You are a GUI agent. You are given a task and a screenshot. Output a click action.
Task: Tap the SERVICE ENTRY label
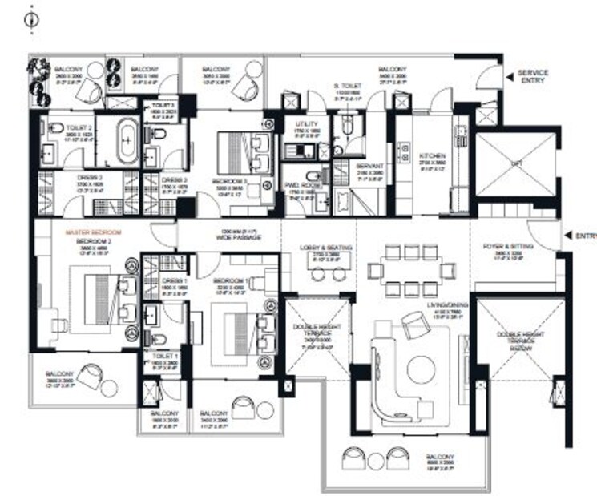click(x=534, y=77)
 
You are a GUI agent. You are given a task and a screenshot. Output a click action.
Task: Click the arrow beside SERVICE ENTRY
click(x=510, y=77)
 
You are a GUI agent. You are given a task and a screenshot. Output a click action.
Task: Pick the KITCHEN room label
click(x=432, y=155)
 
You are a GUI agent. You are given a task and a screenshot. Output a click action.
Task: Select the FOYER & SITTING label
click(x=510, y=247)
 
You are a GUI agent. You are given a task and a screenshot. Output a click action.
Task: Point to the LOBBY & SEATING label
click(x=325, y=248)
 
